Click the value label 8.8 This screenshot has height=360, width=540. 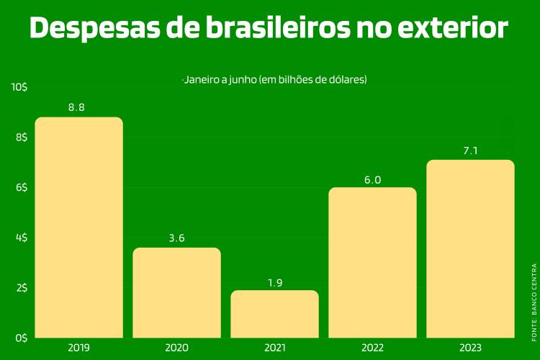[x=77, y=107]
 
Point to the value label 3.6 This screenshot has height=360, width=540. [x=176, y=238]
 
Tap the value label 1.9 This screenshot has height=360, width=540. [x=274, y=281]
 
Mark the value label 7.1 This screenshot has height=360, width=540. [x=470, y=150]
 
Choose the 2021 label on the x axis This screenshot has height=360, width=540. [x=274, y=348]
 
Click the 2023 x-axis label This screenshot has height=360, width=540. [x=470, y=348]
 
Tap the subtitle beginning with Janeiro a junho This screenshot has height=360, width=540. [x=275, y=79]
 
